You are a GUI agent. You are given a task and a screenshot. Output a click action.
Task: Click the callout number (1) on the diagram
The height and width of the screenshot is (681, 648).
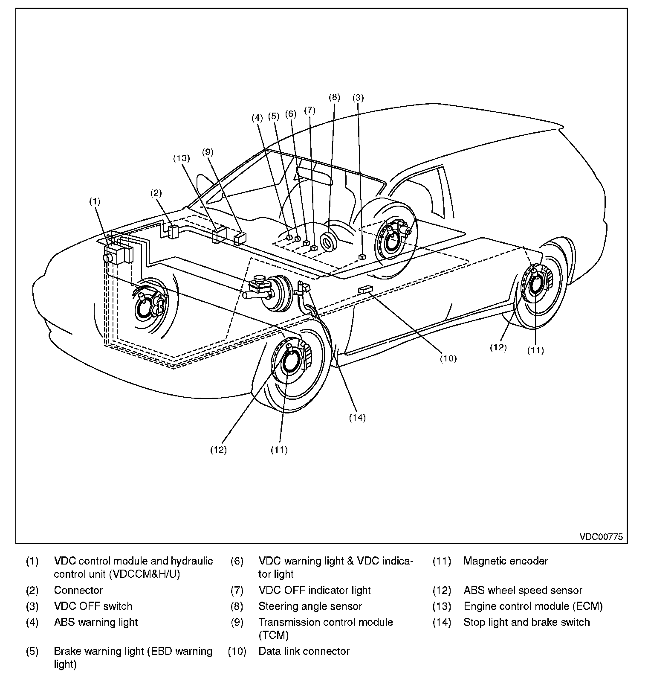(x=95, y=201)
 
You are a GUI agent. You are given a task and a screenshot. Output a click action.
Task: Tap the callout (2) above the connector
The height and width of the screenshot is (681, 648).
(x=156, y=193)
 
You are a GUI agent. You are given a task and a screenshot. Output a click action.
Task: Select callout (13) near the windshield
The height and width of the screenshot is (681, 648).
(x=181, y=158)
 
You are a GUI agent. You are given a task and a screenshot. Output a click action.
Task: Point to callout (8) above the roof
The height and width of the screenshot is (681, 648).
(x=334, y=97)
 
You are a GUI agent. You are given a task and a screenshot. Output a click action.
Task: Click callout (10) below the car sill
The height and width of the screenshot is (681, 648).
(x=448, y=358)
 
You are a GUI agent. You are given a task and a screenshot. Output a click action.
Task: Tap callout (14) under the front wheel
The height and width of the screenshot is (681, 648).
(x=357, y=418)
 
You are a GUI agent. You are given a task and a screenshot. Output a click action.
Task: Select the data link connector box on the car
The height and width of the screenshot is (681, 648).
(x=365, y=290)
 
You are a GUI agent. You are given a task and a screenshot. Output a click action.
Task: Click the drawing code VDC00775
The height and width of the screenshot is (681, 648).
(x=601, y=536)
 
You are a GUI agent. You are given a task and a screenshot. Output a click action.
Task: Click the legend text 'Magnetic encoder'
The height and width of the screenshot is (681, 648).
(x=505, y=561)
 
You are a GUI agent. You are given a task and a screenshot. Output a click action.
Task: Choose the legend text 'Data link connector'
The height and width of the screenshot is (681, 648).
(x=304, y=651)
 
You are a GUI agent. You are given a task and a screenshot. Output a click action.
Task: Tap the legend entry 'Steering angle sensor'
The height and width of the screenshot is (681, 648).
(x=310, y=606)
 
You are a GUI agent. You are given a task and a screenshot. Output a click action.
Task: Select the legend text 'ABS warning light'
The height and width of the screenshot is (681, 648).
(x=96, y=622)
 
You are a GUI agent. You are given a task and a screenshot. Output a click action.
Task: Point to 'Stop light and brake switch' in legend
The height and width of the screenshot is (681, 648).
(x=526, y=622)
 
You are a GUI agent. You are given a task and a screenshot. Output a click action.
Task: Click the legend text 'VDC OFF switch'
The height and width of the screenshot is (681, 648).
(x=93, y=606)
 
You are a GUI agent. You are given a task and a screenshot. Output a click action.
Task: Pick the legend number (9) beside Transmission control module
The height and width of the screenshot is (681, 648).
(x=237, y=622)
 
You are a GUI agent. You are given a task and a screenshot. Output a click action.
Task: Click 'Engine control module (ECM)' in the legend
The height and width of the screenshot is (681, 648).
(x=533, y=606)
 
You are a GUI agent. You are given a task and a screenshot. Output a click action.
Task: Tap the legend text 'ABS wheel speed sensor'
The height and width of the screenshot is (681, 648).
(x=523, y=591)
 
